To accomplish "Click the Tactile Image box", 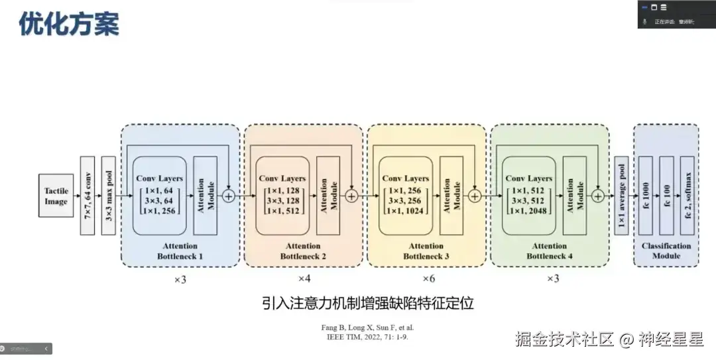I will (56, 196).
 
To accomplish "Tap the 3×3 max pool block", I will (107, 196).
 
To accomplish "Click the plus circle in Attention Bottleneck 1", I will (229, 196).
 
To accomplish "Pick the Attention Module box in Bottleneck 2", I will (328, 196).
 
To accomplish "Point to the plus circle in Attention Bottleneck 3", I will (475, 196).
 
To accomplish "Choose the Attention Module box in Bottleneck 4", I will (574, 196).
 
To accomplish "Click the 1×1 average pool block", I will (621, 196).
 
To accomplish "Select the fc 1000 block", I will (646, 196).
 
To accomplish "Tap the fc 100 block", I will (667, 196).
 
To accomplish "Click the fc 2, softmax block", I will (687, 196).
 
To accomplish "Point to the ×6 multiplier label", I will (429, 278).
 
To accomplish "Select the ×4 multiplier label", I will (304, 278).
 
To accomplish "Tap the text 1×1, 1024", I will (406, 211).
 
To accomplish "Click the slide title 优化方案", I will (69, 25).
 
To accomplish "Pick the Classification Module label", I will (666, 251).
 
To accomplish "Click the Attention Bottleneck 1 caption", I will (180, 251).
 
